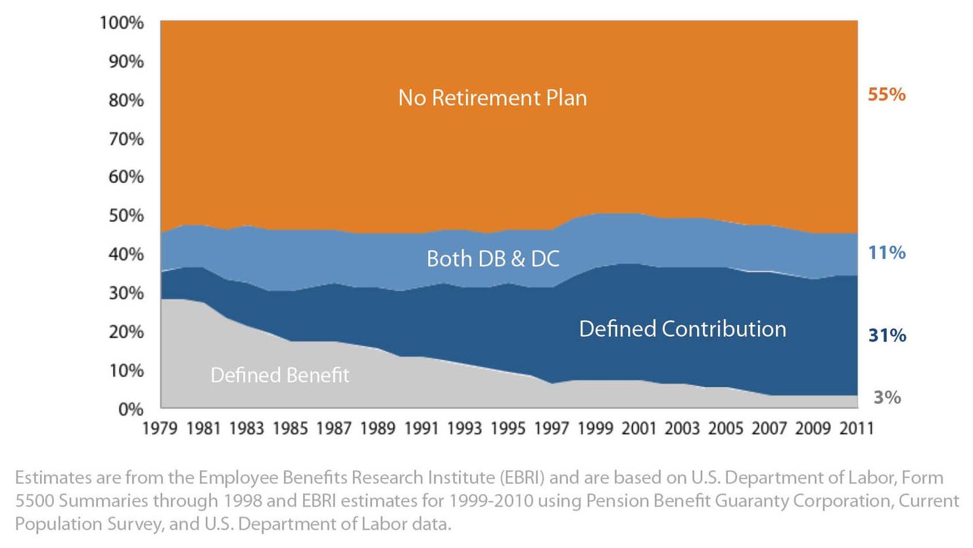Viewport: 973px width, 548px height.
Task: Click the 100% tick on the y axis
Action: [x=122, y=23]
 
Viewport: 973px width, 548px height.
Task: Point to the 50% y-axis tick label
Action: [x=126, y=216]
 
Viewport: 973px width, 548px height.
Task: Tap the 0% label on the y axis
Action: [x=131, y=409]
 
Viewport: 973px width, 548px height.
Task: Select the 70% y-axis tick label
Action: [x=126, y=139]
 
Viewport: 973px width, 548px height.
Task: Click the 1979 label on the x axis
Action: [x=160, y=429]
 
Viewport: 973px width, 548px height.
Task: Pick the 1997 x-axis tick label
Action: [x=551, y=429]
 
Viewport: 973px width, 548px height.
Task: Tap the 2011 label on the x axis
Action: [x=857, y=429]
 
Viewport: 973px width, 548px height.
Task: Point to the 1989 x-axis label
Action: [x=377, y=429]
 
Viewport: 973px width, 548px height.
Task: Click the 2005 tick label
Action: [x=726, y=429]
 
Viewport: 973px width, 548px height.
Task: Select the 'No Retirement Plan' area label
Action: [x=492, y=98]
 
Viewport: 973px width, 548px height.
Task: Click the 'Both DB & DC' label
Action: [x=492, y=259]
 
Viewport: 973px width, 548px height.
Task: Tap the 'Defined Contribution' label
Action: [x=682, y=329]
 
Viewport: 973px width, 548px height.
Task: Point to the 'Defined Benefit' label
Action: [x=279, y=375]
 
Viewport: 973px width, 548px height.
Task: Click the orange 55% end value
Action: [x=886, y=95]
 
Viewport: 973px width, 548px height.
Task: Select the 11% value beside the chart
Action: [x=886, y=253]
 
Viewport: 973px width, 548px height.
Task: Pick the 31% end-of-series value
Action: [x=887, y=336]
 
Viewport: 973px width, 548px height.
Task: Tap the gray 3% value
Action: [x=887, y=397]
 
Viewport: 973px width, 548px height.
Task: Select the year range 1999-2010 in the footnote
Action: [x=491, y=501]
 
